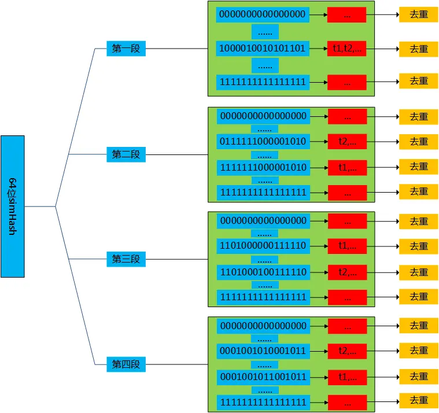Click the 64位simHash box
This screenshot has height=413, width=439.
click(13, 206)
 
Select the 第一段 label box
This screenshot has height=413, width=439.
click(126, 49)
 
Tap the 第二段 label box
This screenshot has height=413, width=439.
click(126, 154)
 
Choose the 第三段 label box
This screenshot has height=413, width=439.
click(126, 259)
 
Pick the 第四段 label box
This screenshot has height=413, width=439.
click(126, 364)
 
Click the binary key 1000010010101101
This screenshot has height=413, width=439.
click(262, 48)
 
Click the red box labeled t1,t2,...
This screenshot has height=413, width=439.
click(346, 48)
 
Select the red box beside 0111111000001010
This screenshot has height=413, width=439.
click(347, 141)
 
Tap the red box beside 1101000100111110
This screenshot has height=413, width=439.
click(347, 272)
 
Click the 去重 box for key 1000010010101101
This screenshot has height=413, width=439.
click(419, 49)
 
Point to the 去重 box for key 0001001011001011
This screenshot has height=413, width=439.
click(419, 377)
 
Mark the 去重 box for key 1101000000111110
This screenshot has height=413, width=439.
click(419, 246)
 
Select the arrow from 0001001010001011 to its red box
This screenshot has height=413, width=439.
click(319, 351)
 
